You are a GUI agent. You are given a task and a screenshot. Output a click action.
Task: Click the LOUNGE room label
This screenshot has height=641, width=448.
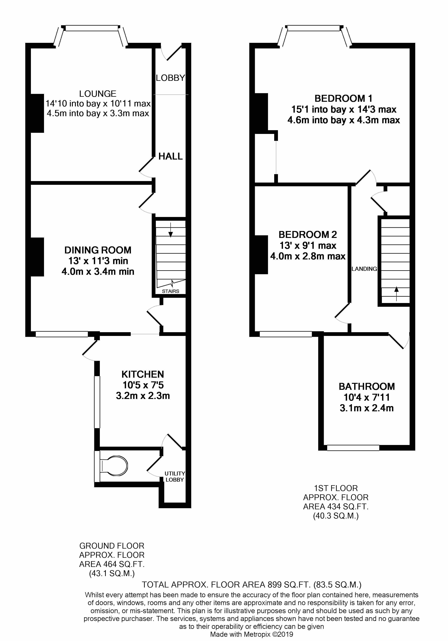[98, 94]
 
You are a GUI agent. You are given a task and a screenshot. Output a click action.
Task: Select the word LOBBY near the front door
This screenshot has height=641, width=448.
[170, 78]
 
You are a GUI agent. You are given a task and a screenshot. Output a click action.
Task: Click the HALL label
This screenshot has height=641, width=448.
[170, 156]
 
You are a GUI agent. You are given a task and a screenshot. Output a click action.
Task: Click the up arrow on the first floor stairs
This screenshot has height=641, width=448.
[396, 293]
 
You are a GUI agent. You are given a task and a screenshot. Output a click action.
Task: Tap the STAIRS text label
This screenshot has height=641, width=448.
[170, 291]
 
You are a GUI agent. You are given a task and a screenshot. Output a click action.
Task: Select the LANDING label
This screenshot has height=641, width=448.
[364, 269]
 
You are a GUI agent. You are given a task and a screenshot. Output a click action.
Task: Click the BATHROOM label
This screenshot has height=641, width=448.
[367, 386]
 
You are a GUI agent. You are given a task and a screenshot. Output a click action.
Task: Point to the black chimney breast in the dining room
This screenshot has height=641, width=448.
[37, 257]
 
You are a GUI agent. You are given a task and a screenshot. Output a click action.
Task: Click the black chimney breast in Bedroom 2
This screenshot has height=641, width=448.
[261, 254]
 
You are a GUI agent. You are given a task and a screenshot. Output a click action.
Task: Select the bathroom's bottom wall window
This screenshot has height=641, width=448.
[353, 448]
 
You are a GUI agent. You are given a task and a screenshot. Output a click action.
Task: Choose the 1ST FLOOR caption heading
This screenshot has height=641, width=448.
[336, 488]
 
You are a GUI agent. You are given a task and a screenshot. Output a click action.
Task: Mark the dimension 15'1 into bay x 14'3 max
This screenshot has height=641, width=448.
[343, 109]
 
